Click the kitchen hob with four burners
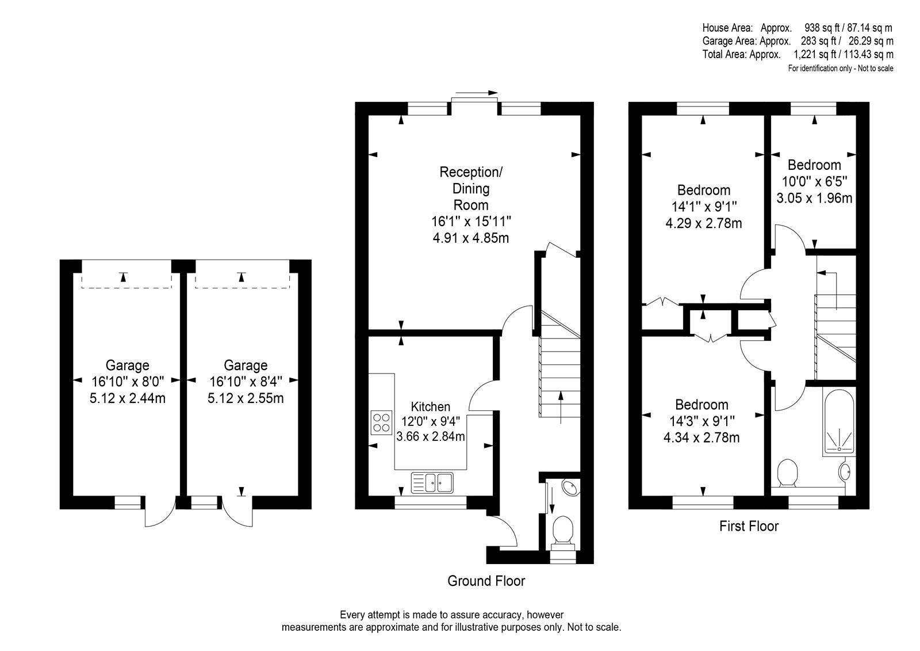[381, 422]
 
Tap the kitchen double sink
[432, 482]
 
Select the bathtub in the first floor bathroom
[839, 422]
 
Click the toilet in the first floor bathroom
[787, 473]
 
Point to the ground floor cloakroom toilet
[563, 534]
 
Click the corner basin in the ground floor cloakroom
[570, 488]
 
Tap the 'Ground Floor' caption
[486, 581]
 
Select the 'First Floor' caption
[749, 526]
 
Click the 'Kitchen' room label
[431, 407]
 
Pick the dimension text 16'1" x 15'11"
[471, 222]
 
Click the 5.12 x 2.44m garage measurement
[127, 398]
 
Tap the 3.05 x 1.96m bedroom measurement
[814, 198]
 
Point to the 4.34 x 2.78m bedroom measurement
[701, 437]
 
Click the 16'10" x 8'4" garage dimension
[246, 382]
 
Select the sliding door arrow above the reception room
[477, 93]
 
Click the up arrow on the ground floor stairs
[561, 408]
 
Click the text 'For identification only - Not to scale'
[840, 68]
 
